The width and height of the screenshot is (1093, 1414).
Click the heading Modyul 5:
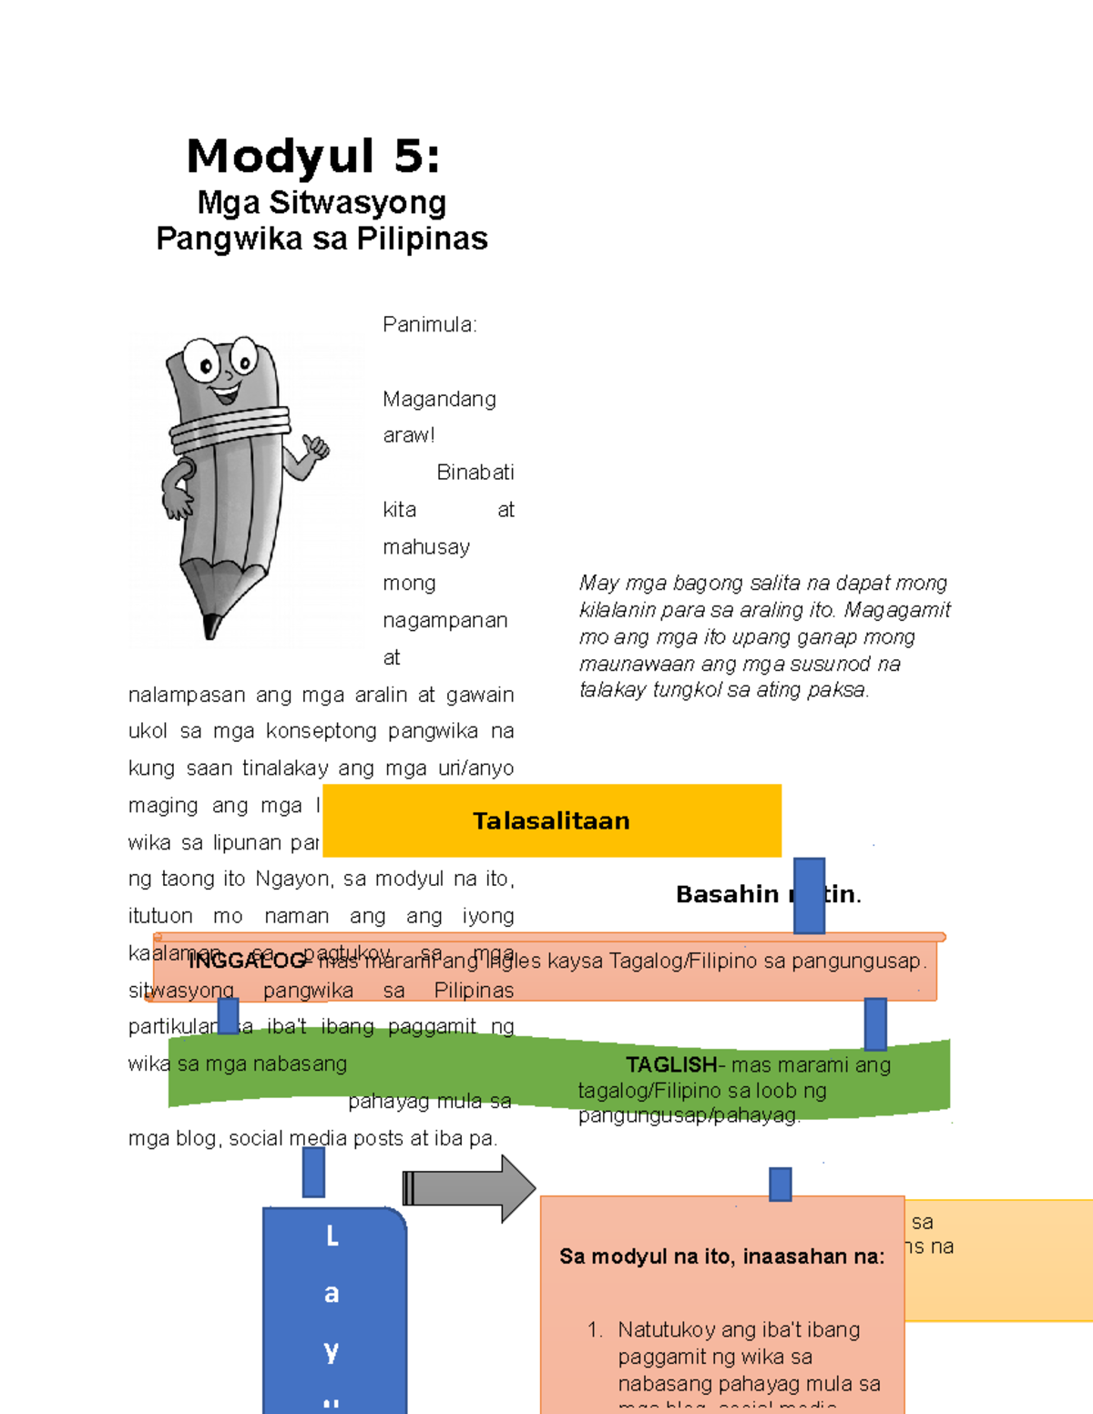(x=313, y=156)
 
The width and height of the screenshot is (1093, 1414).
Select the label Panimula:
(x=429, y=325)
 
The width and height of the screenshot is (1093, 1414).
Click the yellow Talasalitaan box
(x=551, y=820)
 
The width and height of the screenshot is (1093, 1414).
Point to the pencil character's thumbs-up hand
(x=315, y=447)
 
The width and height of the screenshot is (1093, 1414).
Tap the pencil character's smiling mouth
(x=225, y=394)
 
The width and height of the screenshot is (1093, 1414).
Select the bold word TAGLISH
(x=671, y=1064)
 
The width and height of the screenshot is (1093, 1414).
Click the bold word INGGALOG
(x=247, y=961)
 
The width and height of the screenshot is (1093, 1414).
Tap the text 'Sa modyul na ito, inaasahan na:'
(x=721, y=1256)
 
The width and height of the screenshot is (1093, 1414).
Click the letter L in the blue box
(x=332, y=1236)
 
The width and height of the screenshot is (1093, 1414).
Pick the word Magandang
(x=439, y=400)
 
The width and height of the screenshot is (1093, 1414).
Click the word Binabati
(x=475, y=473)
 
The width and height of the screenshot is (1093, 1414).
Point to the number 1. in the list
(x=595, y=1330)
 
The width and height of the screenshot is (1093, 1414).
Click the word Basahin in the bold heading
(x=727, y=895)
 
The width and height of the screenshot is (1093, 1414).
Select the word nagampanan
(x=444, y=621)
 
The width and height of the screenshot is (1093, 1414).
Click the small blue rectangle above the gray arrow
(x=313, y=1172)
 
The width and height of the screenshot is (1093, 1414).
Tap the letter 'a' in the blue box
(x=332, y=1294)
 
